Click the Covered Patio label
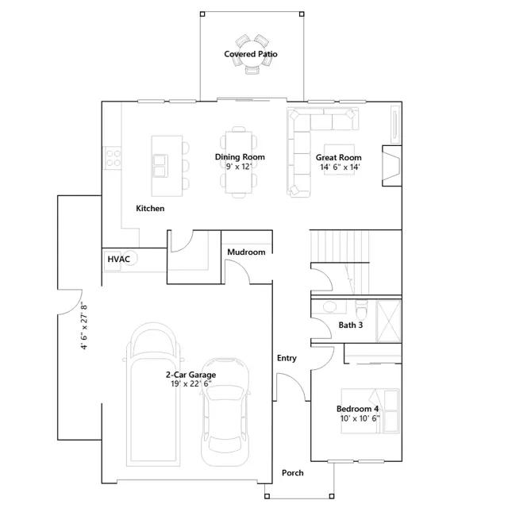click(251, 54)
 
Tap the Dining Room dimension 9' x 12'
click(239, 167)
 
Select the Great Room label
click(339, 157)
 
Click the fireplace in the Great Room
click(391, 166)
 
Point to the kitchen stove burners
click(112, 158)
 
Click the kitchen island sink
click(160, 166)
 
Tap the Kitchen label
click(150, 208)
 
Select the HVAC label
click(118, 260)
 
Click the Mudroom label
click(246, 252)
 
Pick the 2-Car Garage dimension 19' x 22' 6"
click(191, 384)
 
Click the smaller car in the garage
click(225, 412)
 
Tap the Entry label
click(287, 358)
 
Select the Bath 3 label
click(351, 325)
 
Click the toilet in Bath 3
click(361, 309)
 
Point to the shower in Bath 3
click(389, 321)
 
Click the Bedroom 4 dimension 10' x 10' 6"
click(360, 418)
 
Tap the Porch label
click(293, 473)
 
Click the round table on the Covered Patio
click(252, 53)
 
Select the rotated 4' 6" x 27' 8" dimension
click(84, 327)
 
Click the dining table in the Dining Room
click(239, 162)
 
